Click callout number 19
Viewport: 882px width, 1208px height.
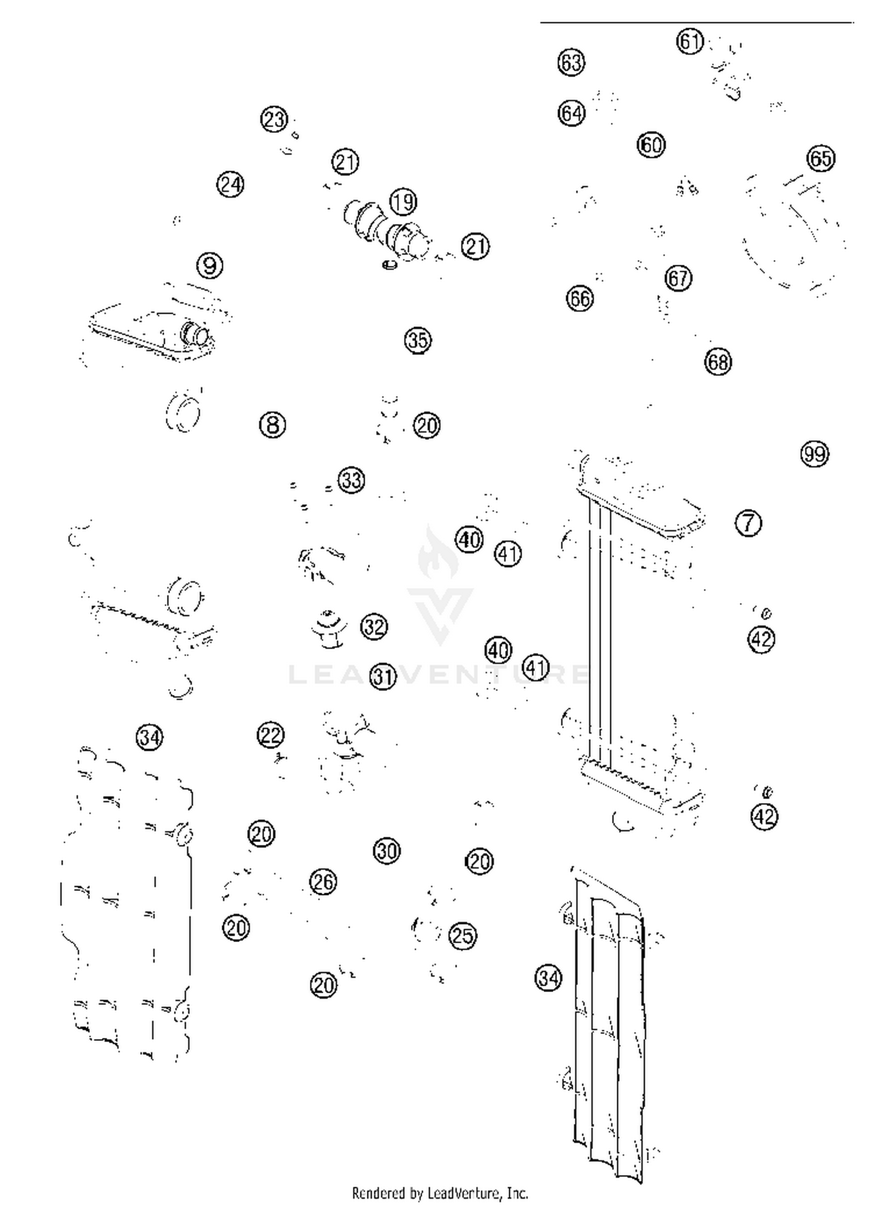(x=403, y=202)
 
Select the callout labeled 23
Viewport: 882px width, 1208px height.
(x=274, y=119)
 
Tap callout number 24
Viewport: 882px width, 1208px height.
(x=230, y=185)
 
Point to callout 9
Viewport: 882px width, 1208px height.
(x=210, y=265)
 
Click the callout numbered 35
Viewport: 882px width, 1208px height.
(x=417, y=340)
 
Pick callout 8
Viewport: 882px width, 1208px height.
(x=272, y=424)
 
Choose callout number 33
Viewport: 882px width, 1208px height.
(x=351, y=480)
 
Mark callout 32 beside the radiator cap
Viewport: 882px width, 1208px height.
(x=374, y=627)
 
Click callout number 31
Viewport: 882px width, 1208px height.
(x=383, y=677)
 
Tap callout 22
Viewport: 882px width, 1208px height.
(x=270, y=735)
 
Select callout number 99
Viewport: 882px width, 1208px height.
(x=814, y=454)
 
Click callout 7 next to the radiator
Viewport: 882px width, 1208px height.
(x=748, y=523)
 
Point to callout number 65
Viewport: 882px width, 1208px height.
(x=821, y=158)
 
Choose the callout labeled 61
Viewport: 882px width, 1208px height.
(x=690, y=42)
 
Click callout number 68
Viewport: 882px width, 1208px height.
(x=718, y=362)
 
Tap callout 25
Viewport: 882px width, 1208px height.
(x=462, y=936)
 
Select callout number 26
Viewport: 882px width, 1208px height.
(x=323, y=882)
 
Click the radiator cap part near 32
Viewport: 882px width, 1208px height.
(x=328, y=630)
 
